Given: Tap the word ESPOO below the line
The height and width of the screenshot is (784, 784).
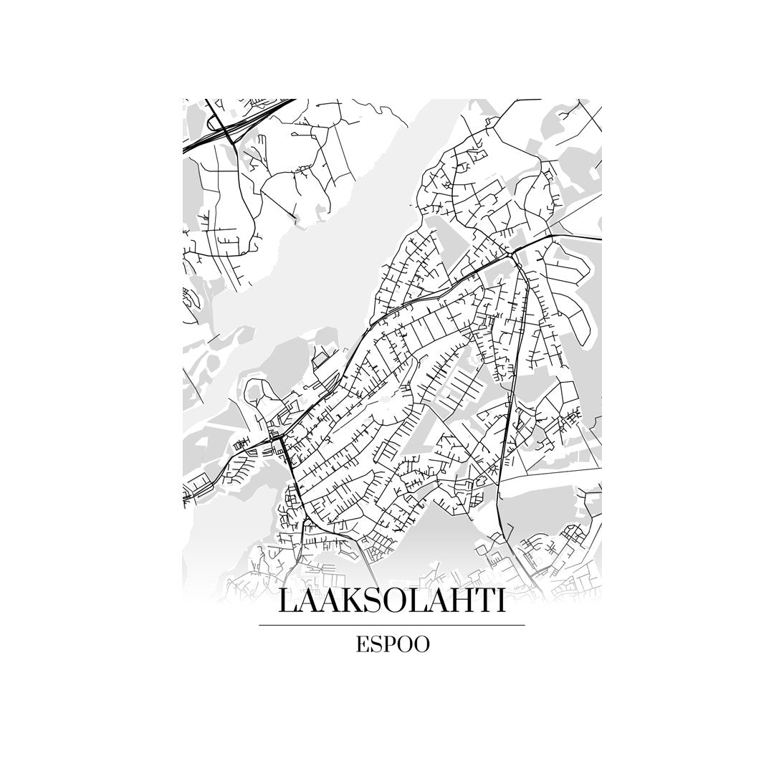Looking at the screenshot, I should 392,644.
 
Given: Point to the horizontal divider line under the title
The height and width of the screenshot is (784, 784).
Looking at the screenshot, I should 391,625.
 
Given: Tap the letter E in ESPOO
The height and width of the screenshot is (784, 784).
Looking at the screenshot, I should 363,644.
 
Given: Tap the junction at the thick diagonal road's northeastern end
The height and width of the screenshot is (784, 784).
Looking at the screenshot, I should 510,254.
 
